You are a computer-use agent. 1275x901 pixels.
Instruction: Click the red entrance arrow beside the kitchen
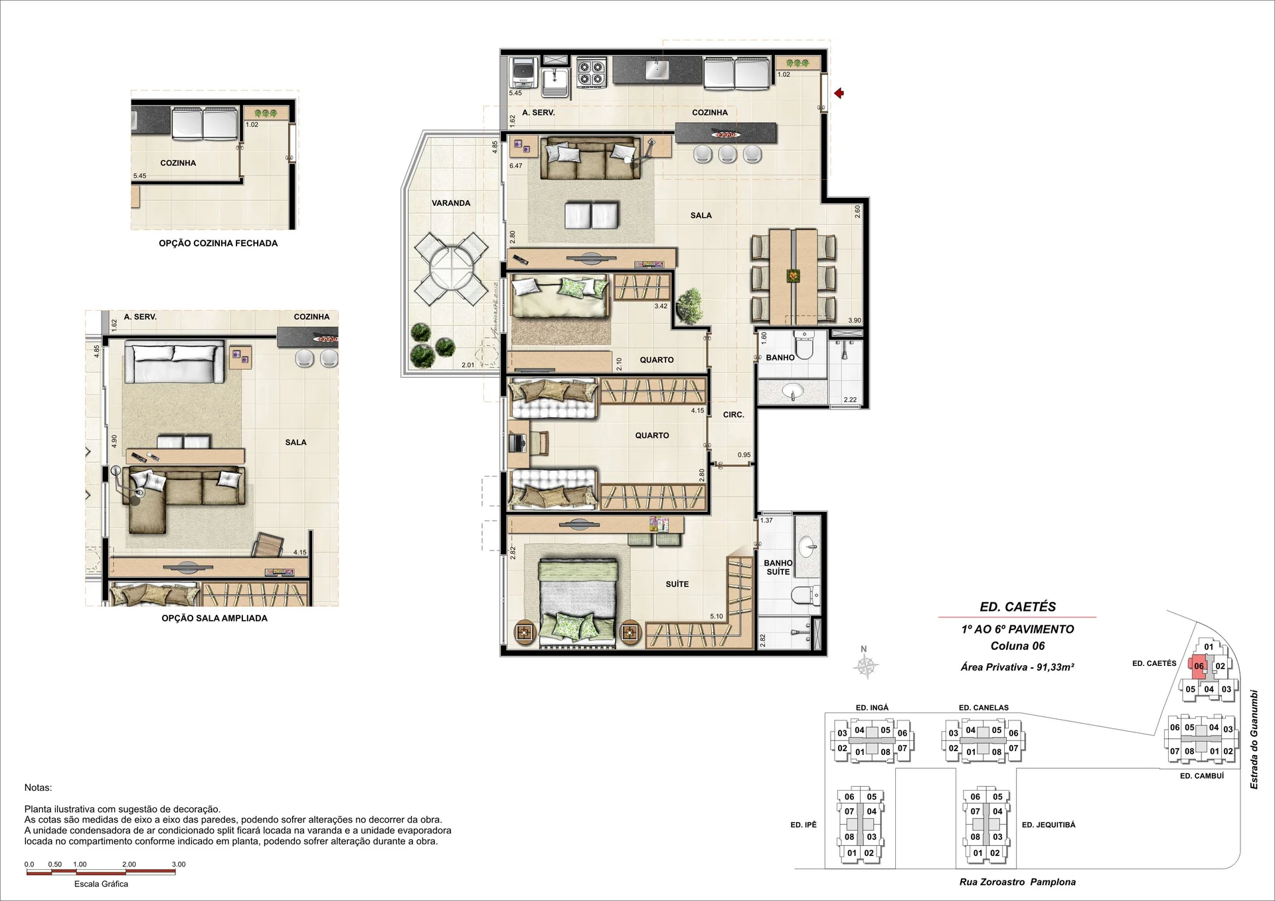[x=839, y=94]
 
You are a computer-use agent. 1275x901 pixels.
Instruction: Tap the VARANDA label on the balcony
[x=451, y=203]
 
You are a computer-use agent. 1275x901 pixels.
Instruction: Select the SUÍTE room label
[x=677, y=584]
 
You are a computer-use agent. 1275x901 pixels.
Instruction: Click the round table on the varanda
[x=451, y=268]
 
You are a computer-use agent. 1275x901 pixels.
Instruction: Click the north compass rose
[x=866, y=665]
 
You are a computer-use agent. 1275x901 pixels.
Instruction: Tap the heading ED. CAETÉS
[x=1017, y=607]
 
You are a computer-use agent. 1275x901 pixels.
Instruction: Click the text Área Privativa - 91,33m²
[x=1017, y=667]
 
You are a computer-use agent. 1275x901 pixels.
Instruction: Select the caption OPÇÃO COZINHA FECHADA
[x=218, y=244]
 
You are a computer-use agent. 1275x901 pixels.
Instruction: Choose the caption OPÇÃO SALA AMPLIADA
[x=214, y=618]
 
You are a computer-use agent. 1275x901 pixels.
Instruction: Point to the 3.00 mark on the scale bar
[x=179, y=864]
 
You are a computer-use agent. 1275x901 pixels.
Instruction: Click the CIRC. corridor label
[x=734, y=415]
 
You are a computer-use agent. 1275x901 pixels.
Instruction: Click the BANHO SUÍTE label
[x=778, y=568]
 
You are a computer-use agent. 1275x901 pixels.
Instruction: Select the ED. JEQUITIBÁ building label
[x=1049, y=825]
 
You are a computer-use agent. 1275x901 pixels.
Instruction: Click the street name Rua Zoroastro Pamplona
[x=1017, y=882]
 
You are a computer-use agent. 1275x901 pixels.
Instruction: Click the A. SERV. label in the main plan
[x=539, y=113]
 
